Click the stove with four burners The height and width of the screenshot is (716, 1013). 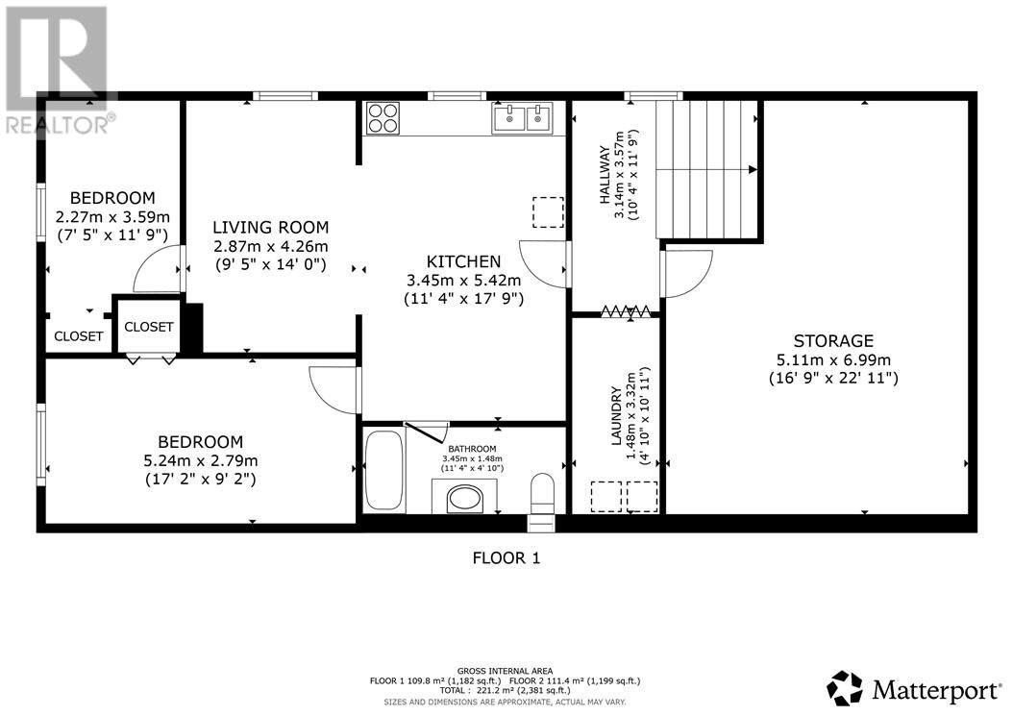383,118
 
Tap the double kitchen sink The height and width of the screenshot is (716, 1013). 523,119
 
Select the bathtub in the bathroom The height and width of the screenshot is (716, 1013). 383,470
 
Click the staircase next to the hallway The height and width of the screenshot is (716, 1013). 708,167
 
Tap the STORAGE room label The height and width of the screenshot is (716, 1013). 833,341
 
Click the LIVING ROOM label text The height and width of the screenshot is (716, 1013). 270,228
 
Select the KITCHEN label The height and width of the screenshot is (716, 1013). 464,261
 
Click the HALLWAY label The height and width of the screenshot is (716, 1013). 604,175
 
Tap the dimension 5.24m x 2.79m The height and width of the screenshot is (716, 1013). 200,460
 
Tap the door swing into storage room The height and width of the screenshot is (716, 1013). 686,273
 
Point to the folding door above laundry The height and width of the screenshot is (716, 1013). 628,310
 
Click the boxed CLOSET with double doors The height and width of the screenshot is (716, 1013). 149,327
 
